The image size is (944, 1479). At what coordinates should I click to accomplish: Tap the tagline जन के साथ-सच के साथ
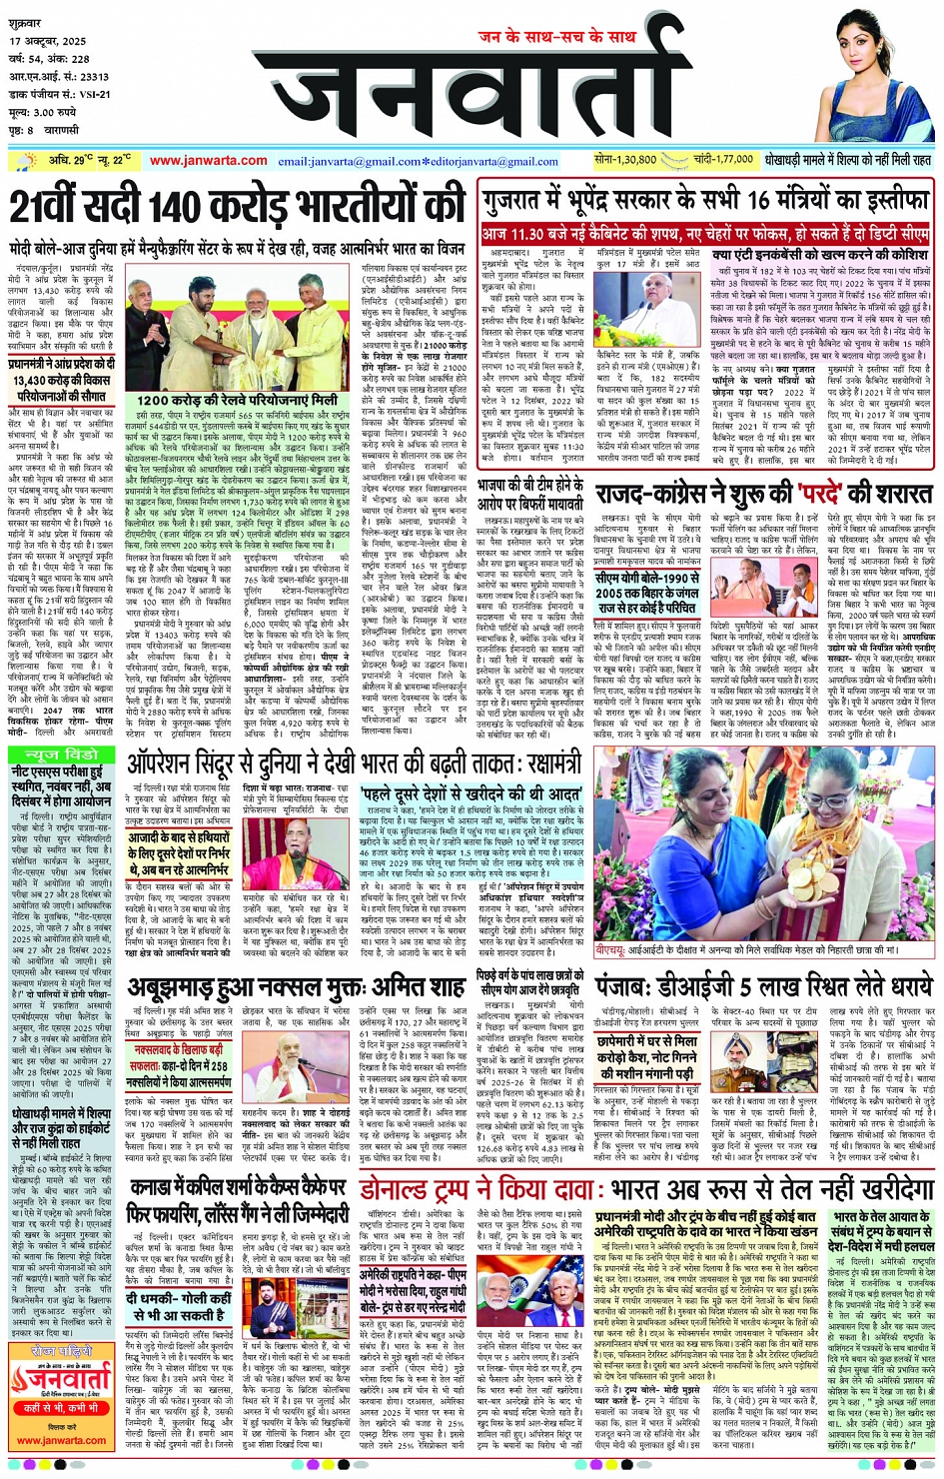click(557, 36)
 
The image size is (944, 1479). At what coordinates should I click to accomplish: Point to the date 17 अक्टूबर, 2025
click(49, 41)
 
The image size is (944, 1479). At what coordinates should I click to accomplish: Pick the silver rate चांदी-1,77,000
click(722, 160)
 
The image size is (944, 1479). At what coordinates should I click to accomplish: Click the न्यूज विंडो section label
click(62, 753)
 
